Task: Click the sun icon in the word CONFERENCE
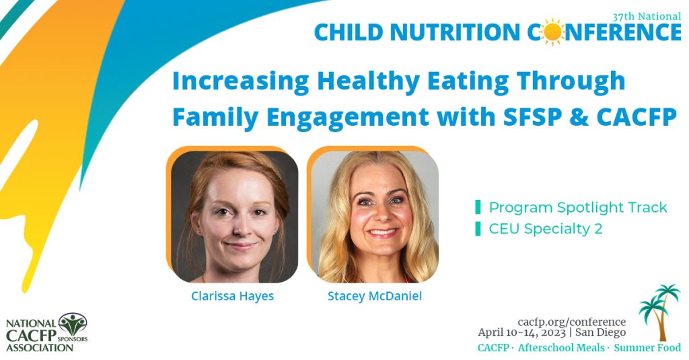pyautogui.click(x=552, y=32)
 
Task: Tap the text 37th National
pyautogui.click(x=647, y=16)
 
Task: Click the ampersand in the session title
pyautogui.click(x=577, y=117)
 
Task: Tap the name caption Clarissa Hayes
pyautogui.click(x=232, y=296)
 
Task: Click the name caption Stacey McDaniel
pyautogui.click(x=375, y=296)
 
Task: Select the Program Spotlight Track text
pyautogui.click(x=578, y=207)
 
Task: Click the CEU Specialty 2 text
pyautogui.click(x=545, y=229)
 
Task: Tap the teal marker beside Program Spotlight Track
pyautogui.click(x=478, y=207)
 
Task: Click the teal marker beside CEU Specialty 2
pyautogui.click(x=478, y=229)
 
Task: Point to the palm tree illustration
pyautogui.click(x=659, y=312)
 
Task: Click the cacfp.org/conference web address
pyautogui.click(x=572, y=322)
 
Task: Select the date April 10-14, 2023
pyautogui.click(x=522, y=332)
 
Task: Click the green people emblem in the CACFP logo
pyautogui.click(x=73, y=324)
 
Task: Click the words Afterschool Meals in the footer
pyautogui.click(x=561, y=348)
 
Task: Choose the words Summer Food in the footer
pyautogui.click(x=648, y=348)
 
